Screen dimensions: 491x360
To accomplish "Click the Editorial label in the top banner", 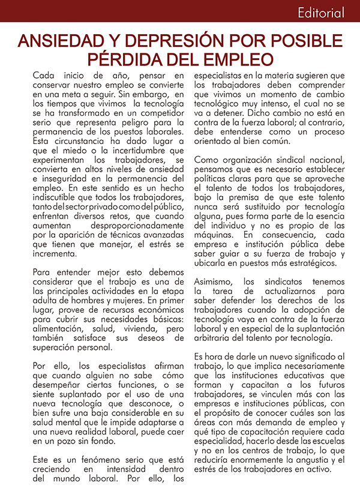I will tap(320, 13).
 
